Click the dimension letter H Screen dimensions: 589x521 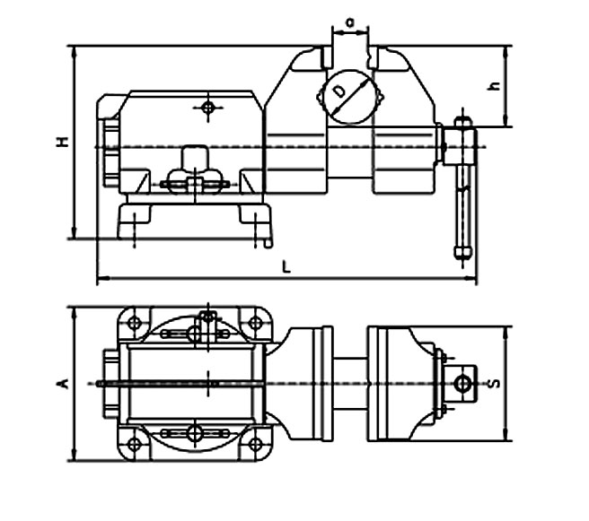click(x=62, y=142)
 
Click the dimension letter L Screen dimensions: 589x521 click(x=286, y=267)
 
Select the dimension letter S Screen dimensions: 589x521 click(x=495, y=383)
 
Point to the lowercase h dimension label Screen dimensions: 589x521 click(x=495, y=86)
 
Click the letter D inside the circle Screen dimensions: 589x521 click(x=339, y=91)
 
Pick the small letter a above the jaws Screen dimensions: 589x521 click(x=350, y=23)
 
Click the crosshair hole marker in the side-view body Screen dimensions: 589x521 click(x=208, y=108)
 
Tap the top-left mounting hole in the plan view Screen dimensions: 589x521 click(x=134, y=322)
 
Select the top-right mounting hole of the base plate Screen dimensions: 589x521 click(x=255, y=322)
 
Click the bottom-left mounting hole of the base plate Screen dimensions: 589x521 click(x=134, y=445)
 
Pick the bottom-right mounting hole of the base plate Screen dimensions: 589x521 click(x=255, y=445)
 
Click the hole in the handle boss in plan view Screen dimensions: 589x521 click(x=462, y=384)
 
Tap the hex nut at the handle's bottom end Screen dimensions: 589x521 click(x=462, y=252)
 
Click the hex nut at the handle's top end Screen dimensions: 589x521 click(x=462, y=122)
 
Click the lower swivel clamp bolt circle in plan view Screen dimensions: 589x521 click(x=195, y=433)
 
